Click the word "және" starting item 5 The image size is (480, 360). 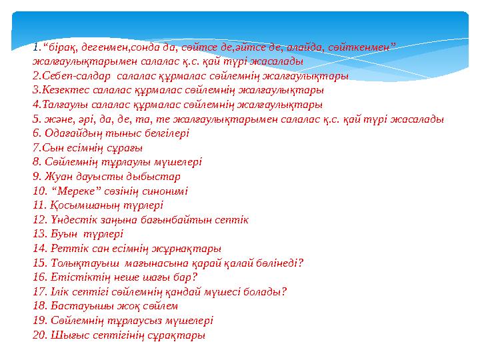coord(57,119)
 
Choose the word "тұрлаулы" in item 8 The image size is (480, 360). coord(121,162)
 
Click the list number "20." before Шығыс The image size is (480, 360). coord(39,335)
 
